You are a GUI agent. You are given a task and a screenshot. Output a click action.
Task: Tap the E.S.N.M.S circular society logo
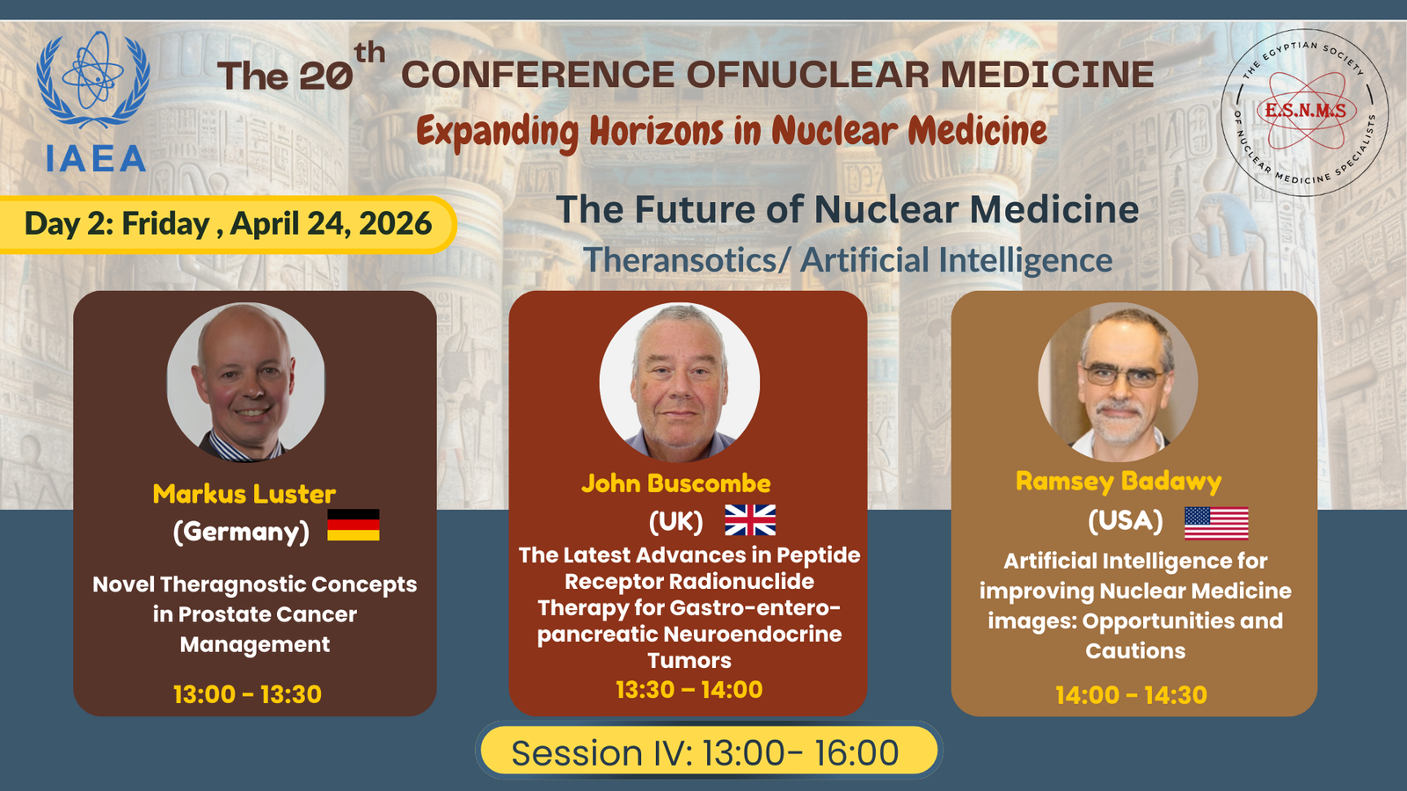tap(1304, 112)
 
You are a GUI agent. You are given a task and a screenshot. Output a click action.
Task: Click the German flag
tap(353, 525)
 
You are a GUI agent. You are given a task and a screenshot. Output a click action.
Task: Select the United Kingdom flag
tap(750, 519)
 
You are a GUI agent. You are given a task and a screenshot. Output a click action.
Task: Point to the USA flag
tap(1216, 524)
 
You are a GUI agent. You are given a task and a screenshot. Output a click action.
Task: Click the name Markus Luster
tap(244, 494)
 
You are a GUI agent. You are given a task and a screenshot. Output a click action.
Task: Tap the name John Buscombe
tap(676, 483)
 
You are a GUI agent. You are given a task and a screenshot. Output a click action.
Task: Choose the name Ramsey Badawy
tap(1119, 483)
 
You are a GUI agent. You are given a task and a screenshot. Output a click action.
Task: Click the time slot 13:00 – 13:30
tap(247, 694)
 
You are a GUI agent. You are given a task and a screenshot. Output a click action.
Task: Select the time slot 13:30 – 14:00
tap(689, 689)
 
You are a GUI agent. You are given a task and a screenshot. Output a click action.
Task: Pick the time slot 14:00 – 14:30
tap(1131, 695)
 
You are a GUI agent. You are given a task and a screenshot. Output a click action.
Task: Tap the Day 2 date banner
tap(226, 224)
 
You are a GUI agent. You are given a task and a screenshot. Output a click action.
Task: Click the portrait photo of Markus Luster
tap(245, 382)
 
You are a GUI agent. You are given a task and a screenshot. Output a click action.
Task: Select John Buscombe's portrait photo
tap(679, 382)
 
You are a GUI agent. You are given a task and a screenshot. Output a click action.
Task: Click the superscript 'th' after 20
tap(369, 53)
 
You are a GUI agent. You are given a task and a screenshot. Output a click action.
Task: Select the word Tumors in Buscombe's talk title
tap(689, 660)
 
